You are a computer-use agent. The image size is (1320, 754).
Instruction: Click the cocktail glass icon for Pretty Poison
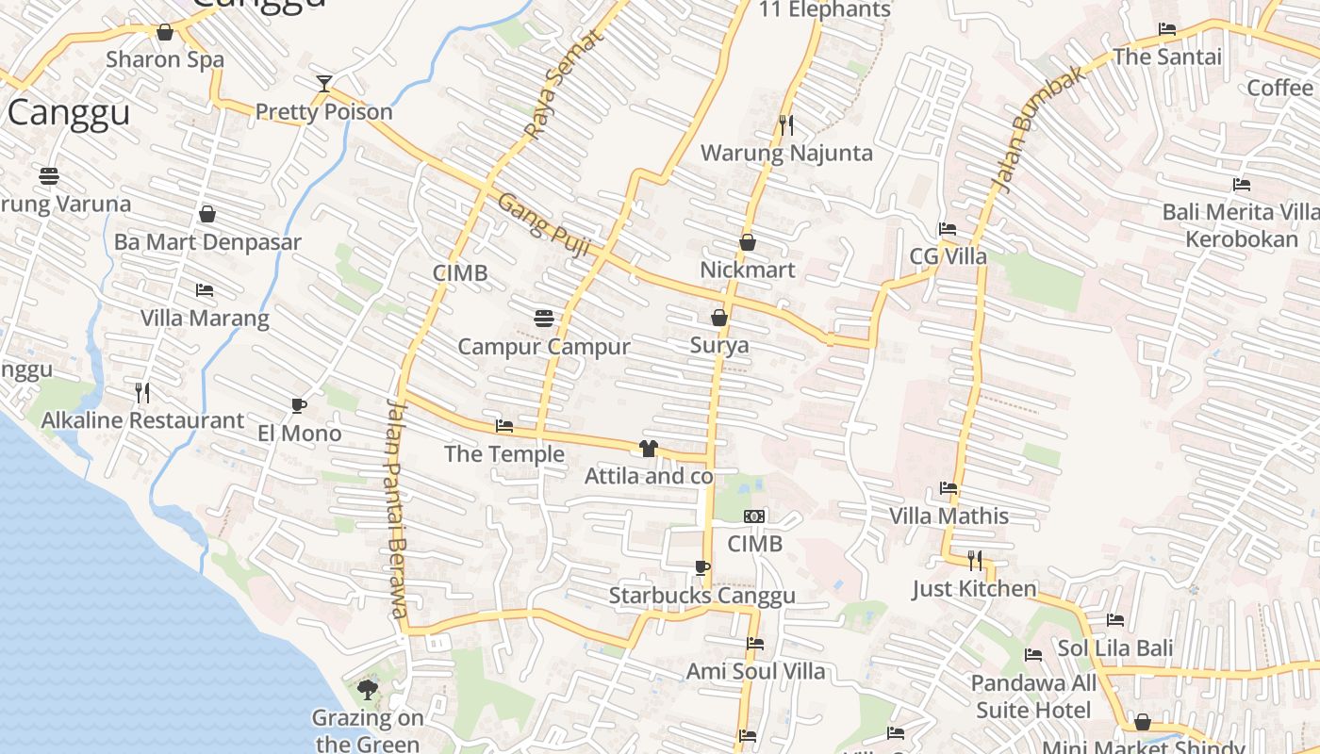324,84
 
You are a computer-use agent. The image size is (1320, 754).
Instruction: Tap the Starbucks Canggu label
701,596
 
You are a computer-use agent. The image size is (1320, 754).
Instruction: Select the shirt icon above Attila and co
648,449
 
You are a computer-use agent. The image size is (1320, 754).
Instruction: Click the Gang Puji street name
544,224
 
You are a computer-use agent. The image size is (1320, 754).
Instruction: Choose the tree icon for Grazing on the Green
368,691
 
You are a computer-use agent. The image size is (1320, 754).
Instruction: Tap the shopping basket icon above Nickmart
748,243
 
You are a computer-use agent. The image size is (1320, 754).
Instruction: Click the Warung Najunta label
786,153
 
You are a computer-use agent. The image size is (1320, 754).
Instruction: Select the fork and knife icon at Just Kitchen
974,561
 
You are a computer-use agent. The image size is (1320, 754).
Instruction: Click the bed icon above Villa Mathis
949,488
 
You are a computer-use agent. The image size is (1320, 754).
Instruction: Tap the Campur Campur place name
544,346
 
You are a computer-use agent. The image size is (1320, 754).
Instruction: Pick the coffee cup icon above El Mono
299,406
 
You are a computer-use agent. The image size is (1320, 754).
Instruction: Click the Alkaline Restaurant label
143,420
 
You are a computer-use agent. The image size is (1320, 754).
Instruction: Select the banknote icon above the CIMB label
754,516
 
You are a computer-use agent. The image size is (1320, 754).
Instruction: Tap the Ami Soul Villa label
755,671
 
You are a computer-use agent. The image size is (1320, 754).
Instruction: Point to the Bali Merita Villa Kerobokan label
1241,225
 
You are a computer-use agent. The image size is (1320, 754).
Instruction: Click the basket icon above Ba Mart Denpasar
207,215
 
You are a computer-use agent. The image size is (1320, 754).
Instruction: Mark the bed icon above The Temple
504,426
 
